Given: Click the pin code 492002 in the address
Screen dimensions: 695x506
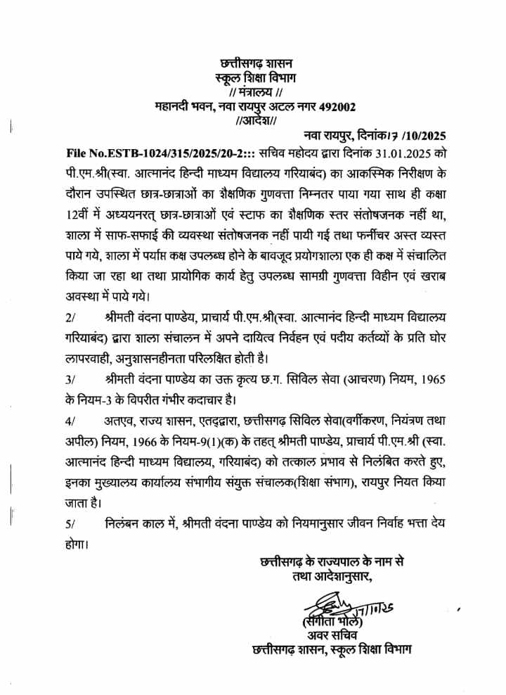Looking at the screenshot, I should tap(337, 106).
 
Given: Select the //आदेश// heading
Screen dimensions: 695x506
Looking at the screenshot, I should tap(258, 120).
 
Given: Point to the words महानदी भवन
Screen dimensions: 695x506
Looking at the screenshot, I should tap(180, 106).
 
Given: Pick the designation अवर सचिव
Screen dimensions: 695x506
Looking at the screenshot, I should tap(338, 637).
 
